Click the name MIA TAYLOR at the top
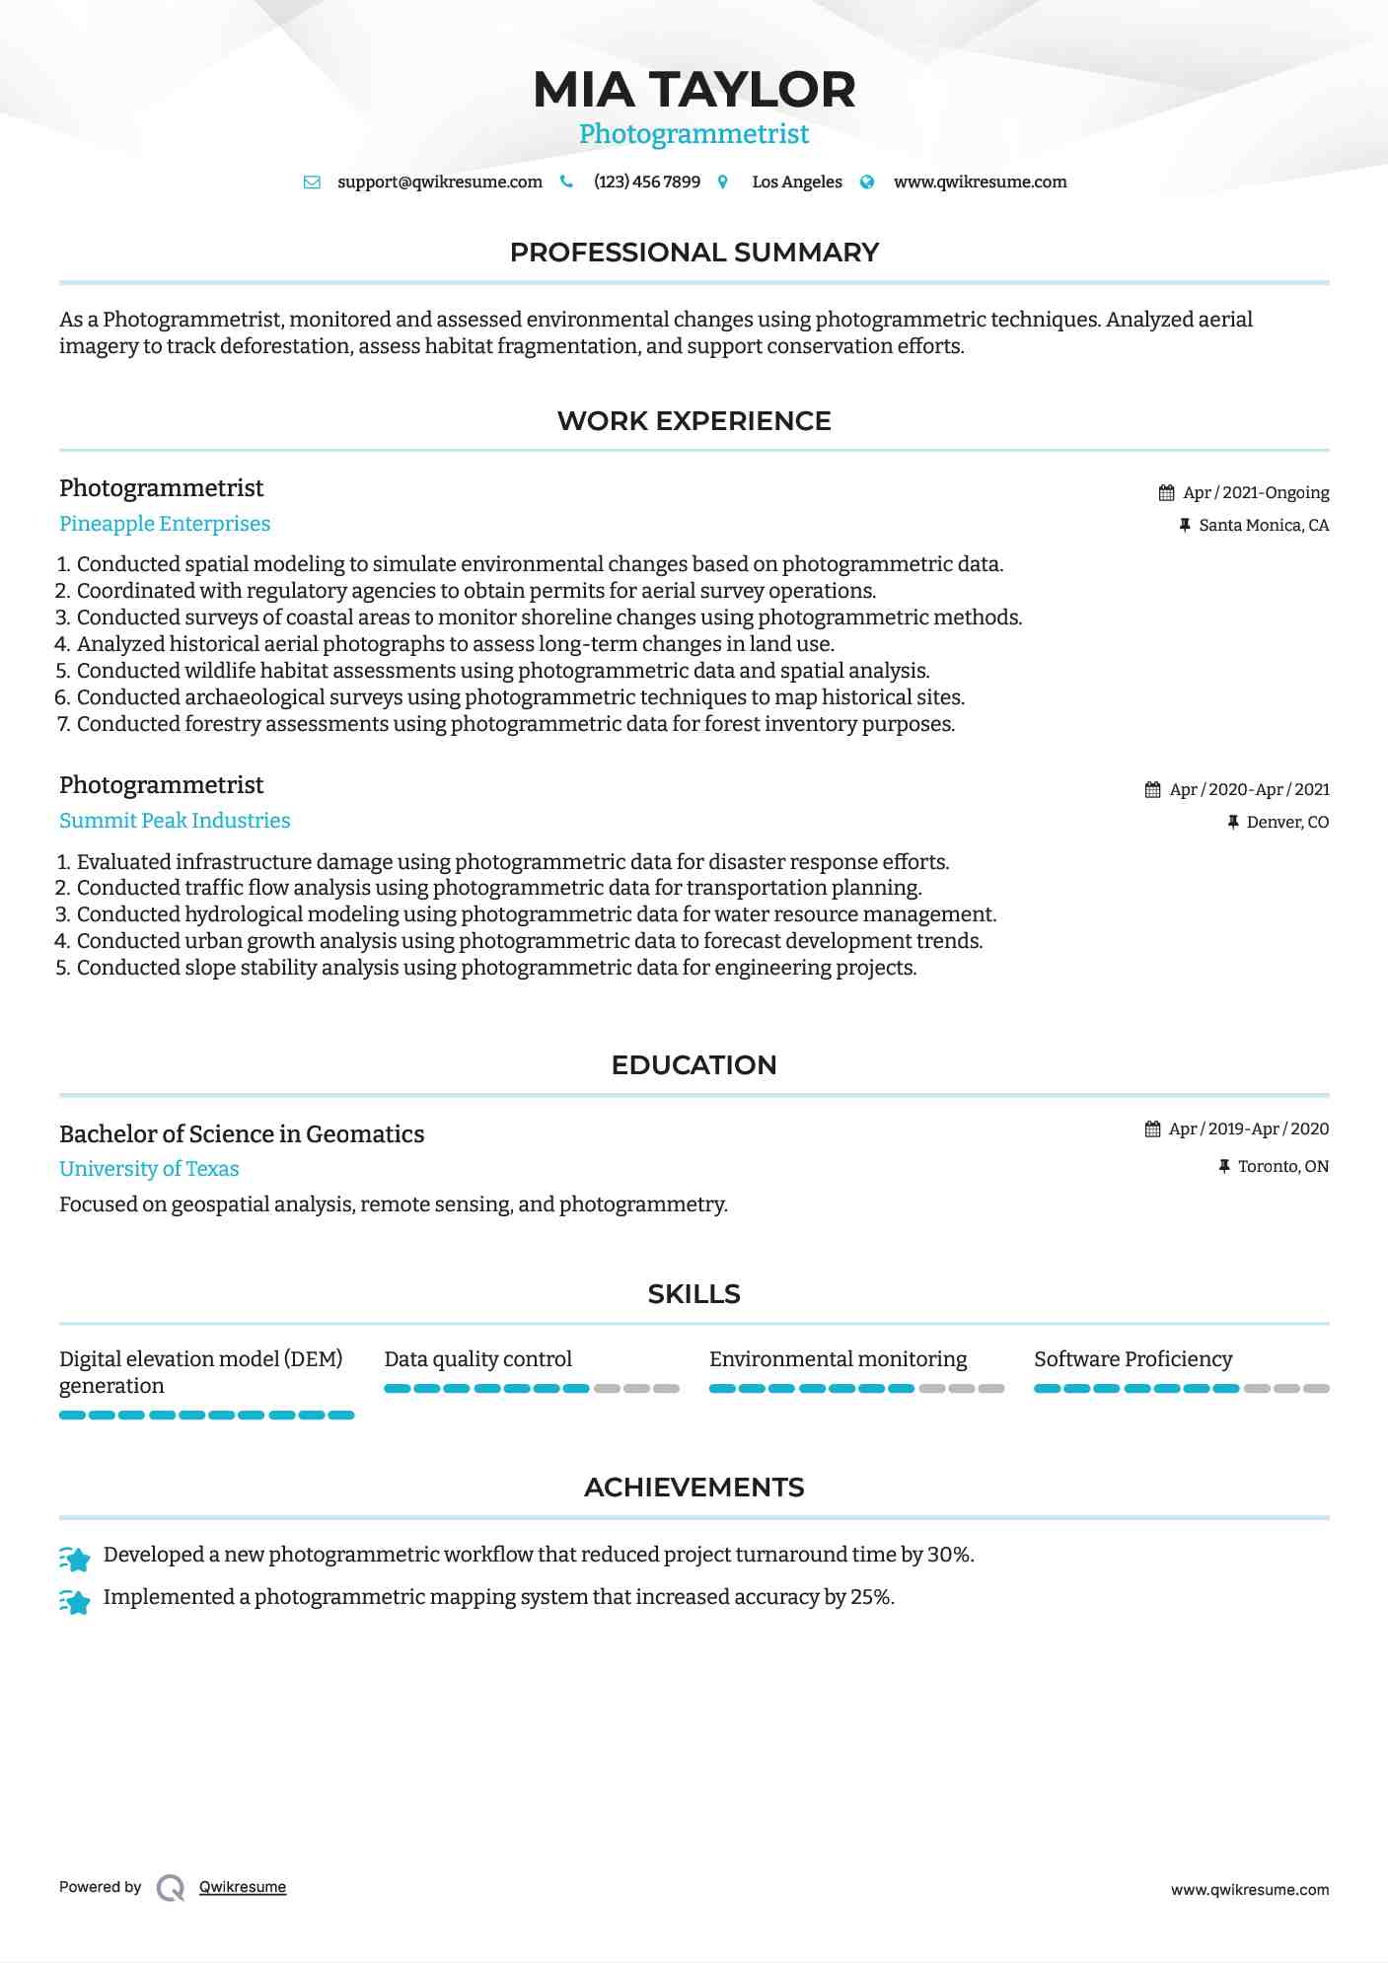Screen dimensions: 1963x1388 pos(694,90)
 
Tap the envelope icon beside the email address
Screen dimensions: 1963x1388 pos(312,182)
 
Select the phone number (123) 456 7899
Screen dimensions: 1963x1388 pos(646,182)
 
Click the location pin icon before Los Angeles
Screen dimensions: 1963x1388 pos(723,182)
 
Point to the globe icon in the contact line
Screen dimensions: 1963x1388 pos(867,182)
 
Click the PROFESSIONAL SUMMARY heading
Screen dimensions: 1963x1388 pos(694,253)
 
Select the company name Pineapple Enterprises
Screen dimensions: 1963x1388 pos(165,524)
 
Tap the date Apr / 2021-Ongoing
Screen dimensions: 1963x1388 pos(1256,493)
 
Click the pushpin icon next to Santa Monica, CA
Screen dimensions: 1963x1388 pos(1185,526)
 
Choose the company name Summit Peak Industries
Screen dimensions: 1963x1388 pos(175,821)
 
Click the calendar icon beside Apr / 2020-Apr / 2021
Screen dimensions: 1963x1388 pos(1152,790)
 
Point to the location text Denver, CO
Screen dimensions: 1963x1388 pos(1287,823)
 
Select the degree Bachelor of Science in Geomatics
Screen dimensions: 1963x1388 pos(242,1134)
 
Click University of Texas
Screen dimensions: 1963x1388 pos(149,1169)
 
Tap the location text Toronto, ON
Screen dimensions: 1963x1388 pos(1282,1167)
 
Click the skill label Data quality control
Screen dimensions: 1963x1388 pos(477,1359)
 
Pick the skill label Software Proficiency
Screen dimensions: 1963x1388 pos(1132,1359)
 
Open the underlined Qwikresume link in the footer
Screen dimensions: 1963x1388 pos(243,1887)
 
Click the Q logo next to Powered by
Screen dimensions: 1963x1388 pos(171,1888)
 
